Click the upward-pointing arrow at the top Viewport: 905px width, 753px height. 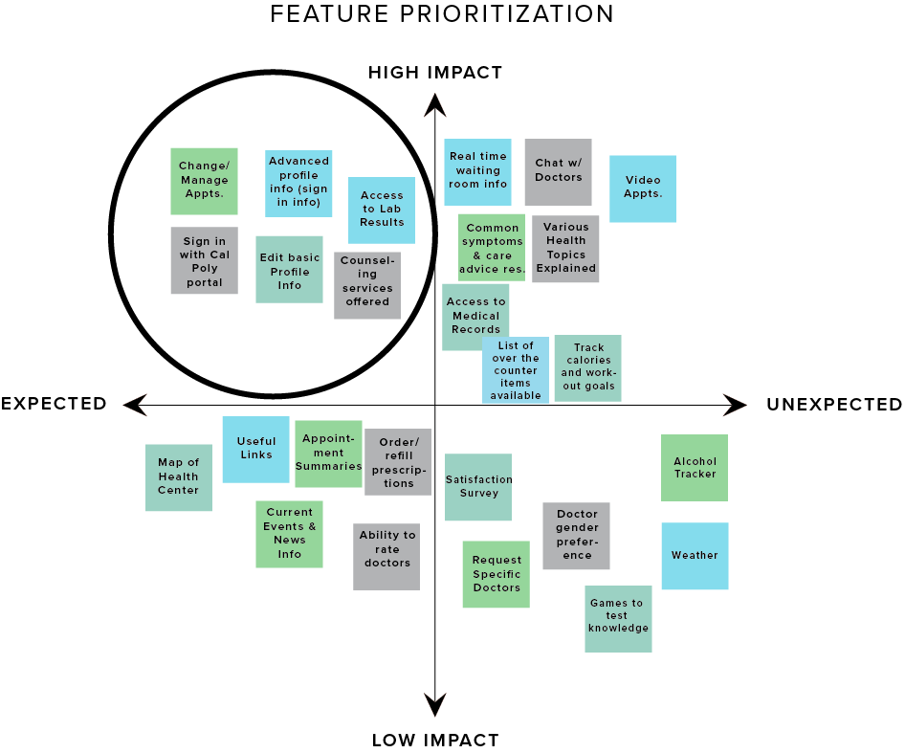point(435,106)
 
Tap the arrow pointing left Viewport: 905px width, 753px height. point(136,405)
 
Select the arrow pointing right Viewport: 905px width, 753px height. point(734,405)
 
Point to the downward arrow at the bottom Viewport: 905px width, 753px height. point(435,704)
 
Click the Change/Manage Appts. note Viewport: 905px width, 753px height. point(204,181)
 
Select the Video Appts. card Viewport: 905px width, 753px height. point(643,188)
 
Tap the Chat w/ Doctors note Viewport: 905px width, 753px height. point(558,172)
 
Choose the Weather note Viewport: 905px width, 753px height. point(695,556)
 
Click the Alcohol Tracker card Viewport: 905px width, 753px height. point(695,468)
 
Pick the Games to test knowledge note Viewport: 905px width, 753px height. point(618,619)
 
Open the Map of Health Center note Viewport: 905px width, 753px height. point(179,477)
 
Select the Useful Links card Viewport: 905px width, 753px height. point(255,450)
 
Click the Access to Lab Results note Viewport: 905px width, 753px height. point(382,210)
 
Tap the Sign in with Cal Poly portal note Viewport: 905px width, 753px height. point(204,260)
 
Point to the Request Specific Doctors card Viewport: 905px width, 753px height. point(496,574)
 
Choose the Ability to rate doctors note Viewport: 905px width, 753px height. point(386,557)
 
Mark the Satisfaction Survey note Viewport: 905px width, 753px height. point(478,487)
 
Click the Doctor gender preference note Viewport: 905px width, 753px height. point(576,536)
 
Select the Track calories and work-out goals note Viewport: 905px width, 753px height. point(587,368)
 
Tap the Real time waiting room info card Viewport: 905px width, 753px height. point(477,172)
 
